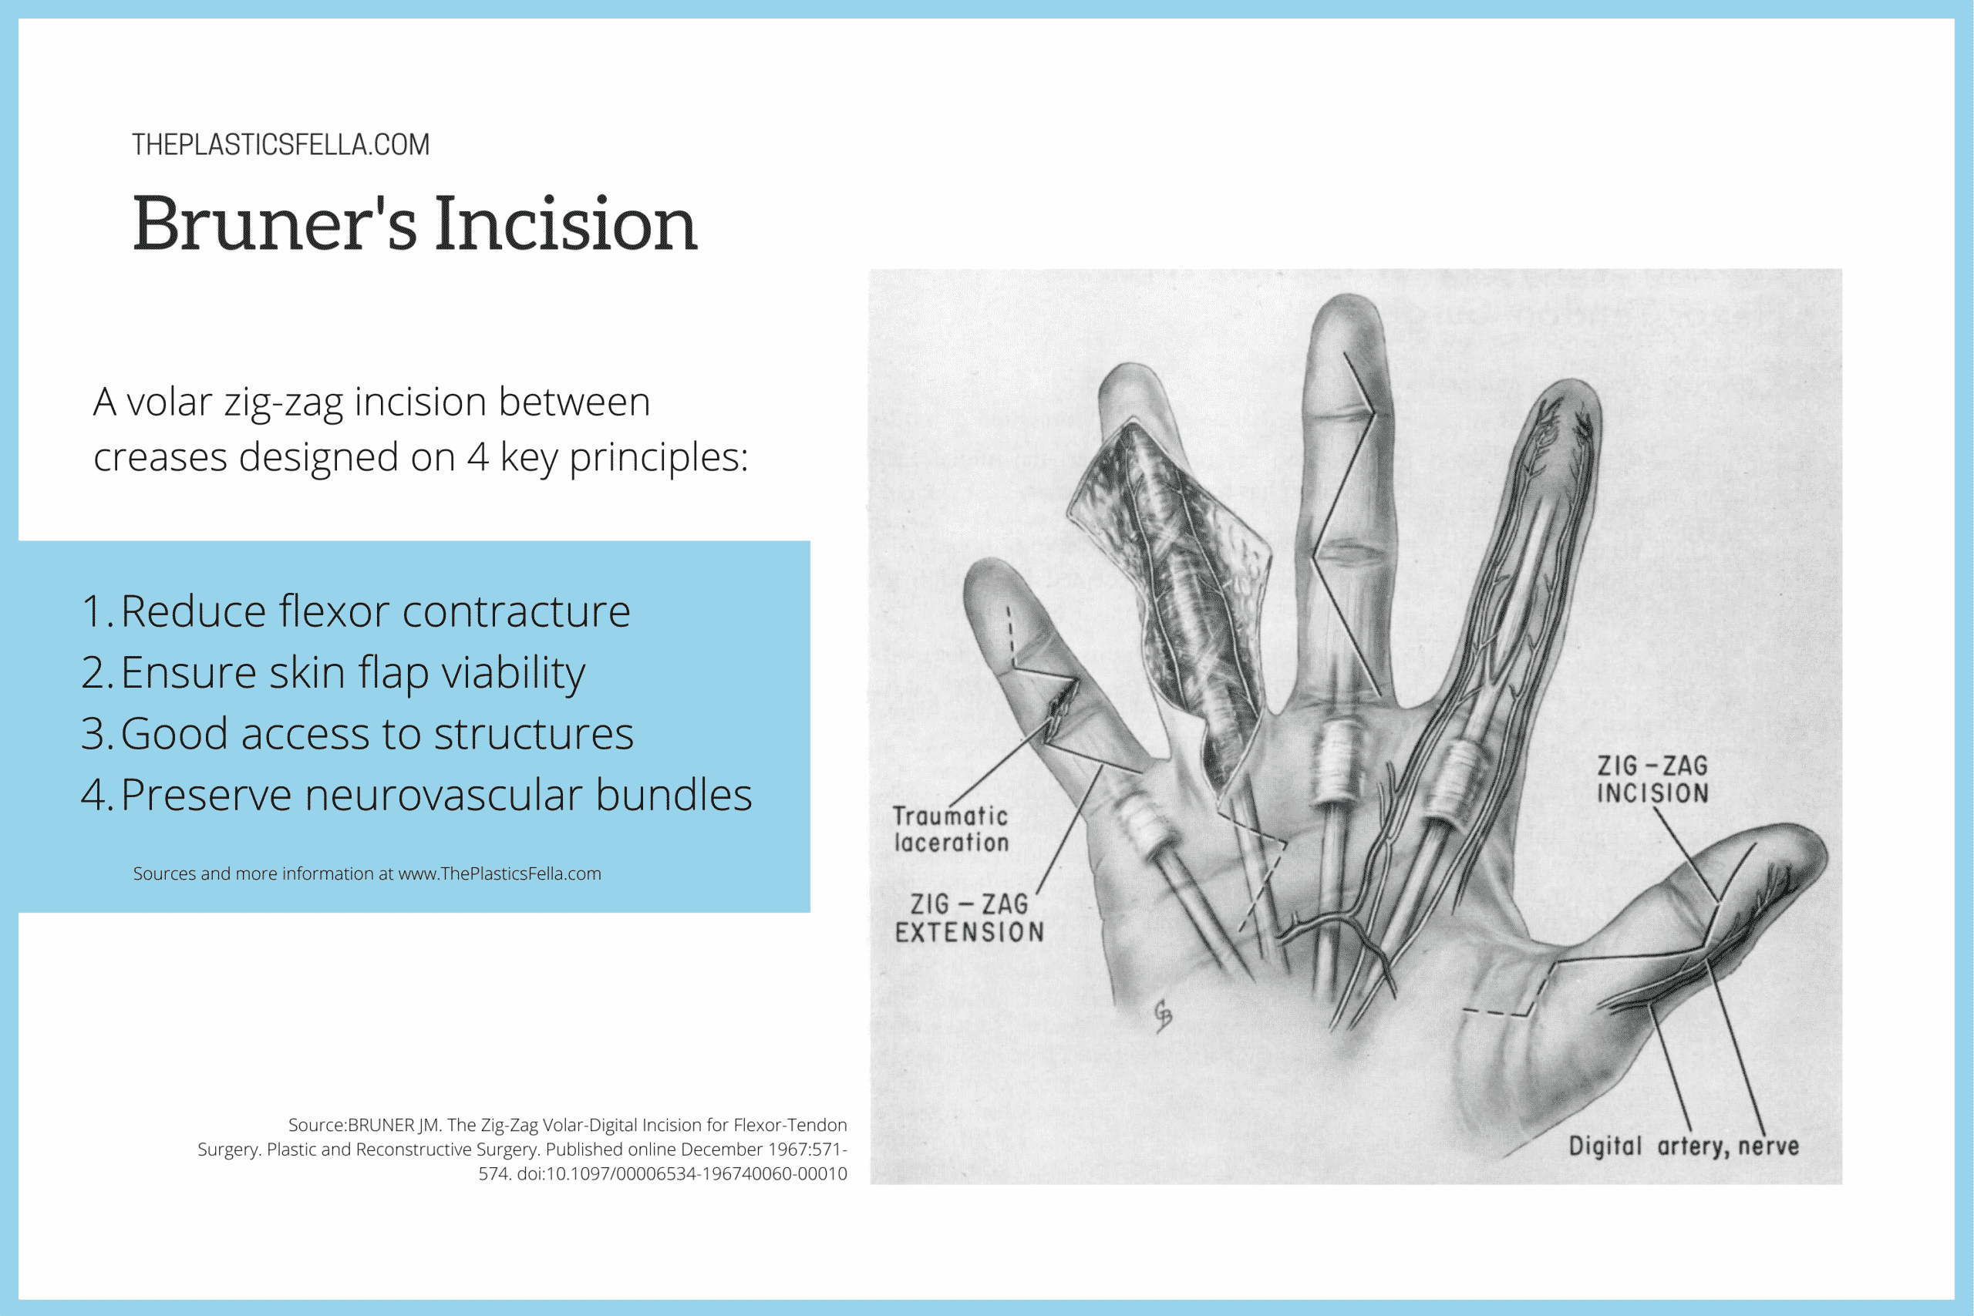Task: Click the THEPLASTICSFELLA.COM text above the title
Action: click(x=281, y=144)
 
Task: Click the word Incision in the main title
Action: click(x=566, y=224)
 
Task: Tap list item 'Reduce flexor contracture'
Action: click(x=374, y=611)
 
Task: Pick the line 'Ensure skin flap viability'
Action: click(x=352, y=672)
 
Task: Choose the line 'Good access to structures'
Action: click(x=376, y=733)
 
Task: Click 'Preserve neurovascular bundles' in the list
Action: click(x=435, y=795)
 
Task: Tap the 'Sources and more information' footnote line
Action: click(x=367, y=873)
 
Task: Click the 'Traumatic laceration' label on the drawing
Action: click(x=950, y=830)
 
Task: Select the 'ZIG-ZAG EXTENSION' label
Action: click(x=969, y=918)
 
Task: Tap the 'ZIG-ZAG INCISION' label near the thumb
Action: click(x=1652, y=779)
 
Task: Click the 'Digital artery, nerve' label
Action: click(x=1683, y=1146)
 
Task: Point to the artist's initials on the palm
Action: click(x=1162, y=1015)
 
